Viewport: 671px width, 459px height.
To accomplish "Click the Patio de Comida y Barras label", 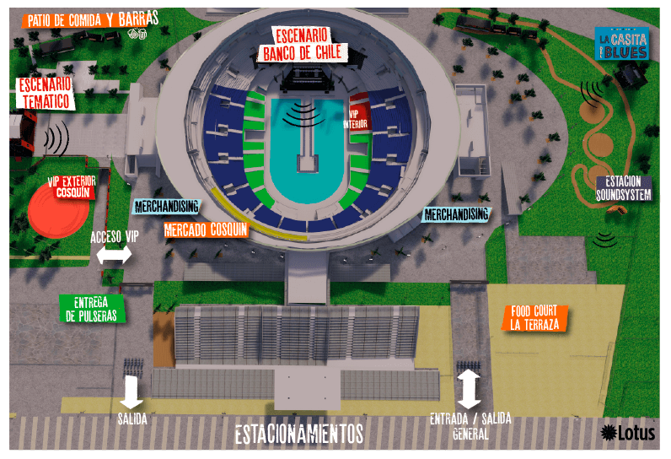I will click(93, 19).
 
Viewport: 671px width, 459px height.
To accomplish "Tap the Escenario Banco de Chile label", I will click(300, 45).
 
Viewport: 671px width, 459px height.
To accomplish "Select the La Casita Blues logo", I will click(621, 44).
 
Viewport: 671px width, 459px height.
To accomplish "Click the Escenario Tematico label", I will click(44, 94).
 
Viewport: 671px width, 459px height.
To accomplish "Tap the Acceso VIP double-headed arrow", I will click(115, 255).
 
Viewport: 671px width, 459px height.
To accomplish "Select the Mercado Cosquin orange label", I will click(206, 229).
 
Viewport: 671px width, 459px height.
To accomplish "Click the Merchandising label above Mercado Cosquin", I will click(166, 206).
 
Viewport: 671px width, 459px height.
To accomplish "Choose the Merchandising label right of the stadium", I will click(455, 214).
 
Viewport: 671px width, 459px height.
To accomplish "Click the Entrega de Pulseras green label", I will click(93, 309).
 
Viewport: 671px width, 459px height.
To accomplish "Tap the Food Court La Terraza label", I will click(534, 317).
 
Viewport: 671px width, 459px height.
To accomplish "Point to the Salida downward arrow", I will click(132, 390).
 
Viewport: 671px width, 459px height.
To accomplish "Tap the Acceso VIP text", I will click(115, 237).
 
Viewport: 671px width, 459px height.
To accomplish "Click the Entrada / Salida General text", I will click(470, 424).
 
